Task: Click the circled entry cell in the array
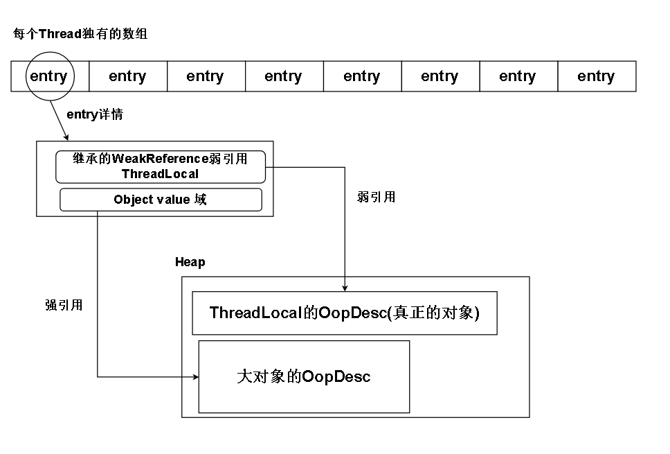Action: [48, 76]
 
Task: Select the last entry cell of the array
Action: [596, 76]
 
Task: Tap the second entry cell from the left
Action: [127, 76]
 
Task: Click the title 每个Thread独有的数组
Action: [80, 34]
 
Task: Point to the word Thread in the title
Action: [60, 34]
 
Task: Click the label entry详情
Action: [95, 115]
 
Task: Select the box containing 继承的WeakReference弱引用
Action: [160, 166]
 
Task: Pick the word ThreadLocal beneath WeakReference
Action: [160, 174]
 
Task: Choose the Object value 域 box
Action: [161, 200]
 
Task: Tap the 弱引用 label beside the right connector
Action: [377, 197]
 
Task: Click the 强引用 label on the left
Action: [64, 305]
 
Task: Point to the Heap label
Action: [190, 263]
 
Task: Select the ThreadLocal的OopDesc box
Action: [345, 313]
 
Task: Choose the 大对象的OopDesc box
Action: [304, 376]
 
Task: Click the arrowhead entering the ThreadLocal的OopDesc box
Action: [345, 287]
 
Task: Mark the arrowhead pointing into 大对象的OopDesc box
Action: [194, 377]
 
